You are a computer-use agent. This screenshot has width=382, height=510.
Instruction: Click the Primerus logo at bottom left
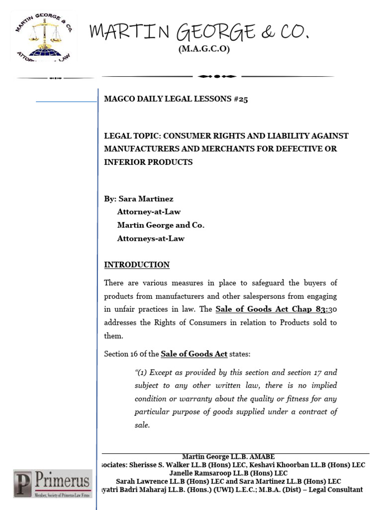pos(52,484)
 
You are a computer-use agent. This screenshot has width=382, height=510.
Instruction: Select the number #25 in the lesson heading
pos(240,99)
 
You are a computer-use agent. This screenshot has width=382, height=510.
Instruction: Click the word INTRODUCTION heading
pos(137,265)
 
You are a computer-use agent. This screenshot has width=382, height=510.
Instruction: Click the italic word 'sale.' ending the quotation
pos(142,425)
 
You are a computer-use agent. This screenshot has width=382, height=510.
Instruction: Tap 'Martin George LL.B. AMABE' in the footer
pos(228,457)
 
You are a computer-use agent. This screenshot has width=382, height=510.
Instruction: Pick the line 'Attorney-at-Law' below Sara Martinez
pos(149,212)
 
